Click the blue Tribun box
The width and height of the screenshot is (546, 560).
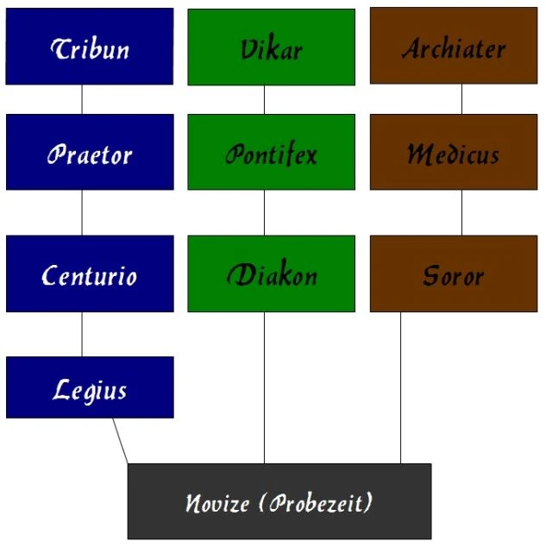tap(90, 47)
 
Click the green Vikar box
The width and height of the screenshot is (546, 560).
tap(271, 47)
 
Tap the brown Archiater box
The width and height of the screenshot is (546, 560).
tap(453, 47)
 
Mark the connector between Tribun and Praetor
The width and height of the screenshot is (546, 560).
tap(82, 99)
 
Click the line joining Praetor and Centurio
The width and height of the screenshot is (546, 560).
tap(82, 212)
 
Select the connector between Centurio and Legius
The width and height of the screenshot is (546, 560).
tap(82, 334)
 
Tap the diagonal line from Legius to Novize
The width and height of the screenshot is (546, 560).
tap(120, 441)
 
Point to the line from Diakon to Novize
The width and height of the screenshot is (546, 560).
tap(264, 388)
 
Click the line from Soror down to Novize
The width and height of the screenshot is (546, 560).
tap(400, 388)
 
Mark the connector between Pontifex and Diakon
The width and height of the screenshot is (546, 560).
tap(264, 212)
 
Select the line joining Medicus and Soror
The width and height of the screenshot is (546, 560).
tap(461, 212)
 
